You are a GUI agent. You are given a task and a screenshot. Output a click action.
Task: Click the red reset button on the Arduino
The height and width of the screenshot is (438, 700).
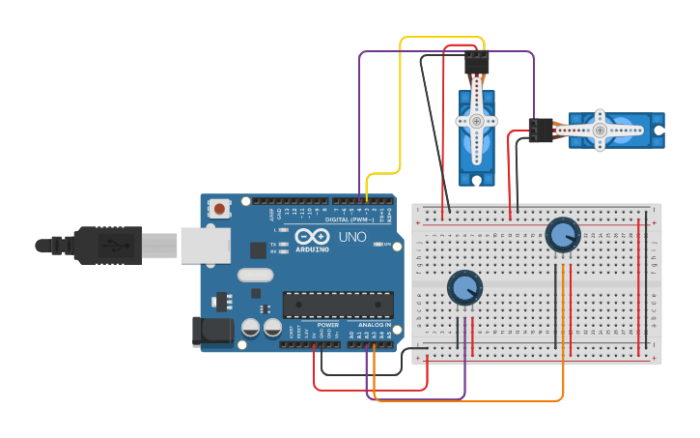[220, 208]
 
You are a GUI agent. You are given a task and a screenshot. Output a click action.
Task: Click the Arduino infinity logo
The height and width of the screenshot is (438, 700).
[313, 237]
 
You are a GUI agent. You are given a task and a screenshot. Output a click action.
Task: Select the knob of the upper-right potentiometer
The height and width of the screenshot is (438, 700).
[562, 234]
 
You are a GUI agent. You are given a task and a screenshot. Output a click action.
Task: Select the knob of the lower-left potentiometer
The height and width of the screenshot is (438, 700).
[464, 287]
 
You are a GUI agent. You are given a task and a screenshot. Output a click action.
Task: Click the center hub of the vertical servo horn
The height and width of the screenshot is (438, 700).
[476, 121]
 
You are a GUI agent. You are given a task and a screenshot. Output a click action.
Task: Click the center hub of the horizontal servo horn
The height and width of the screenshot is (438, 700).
[600, 130]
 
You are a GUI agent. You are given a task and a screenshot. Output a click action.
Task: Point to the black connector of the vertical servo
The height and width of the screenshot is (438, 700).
[476, 63]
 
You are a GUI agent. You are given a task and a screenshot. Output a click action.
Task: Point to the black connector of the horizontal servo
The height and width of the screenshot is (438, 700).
[541, 130]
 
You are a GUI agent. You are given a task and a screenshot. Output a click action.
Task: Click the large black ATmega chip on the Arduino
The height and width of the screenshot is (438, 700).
[337, 305]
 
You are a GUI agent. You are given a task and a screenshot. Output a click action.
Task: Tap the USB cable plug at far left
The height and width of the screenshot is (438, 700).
[97, 246]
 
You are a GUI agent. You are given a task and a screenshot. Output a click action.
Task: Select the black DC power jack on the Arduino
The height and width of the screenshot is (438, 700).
[212, 332]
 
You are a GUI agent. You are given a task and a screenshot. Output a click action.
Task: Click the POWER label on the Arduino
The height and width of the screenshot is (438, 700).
[328, 325]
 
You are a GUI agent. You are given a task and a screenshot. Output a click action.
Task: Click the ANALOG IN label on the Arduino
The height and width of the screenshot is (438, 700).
[375, 325]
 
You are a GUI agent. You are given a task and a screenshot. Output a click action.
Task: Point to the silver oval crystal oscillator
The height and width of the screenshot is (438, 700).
[256, 275]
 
